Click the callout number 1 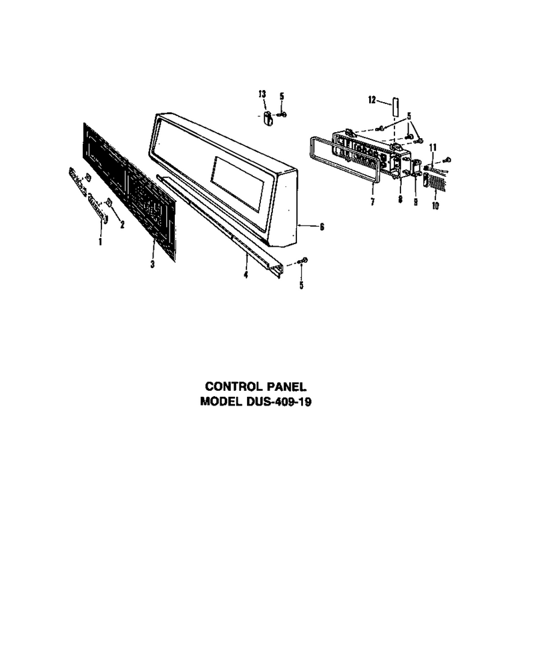pos(100,241)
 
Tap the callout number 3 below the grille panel pos(153,264)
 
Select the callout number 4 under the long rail pos(246,275)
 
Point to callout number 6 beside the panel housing pos(322,227)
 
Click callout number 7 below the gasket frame pos(372,202)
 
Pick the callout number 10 pos(435,205)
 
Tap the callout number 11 pos(433,147)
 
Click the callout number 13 pos(262,94)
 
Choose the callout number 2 pos(122,225)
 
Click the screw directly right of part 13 pos(282,114)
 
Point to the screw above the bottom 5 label pos(302,261)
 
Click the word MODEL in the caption pos(220,402)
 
